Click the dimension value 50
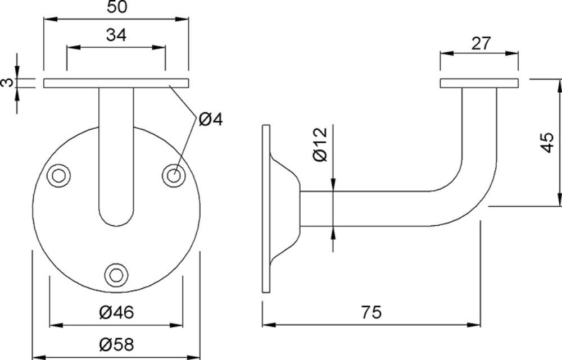(x=117, y=7)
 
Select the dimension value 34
(x=116, y=35)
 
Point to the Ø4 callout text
(x=211, y=119)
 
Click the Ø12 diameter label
(x=320, y=144)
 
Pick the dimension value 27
(x=481, y=43)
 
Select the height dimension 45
(x=547, y=143)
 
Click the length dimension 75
(x=371, y=312)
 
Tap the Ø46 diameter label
(x=116, y=312)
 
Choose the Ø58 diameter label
(x=116, y=345)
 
